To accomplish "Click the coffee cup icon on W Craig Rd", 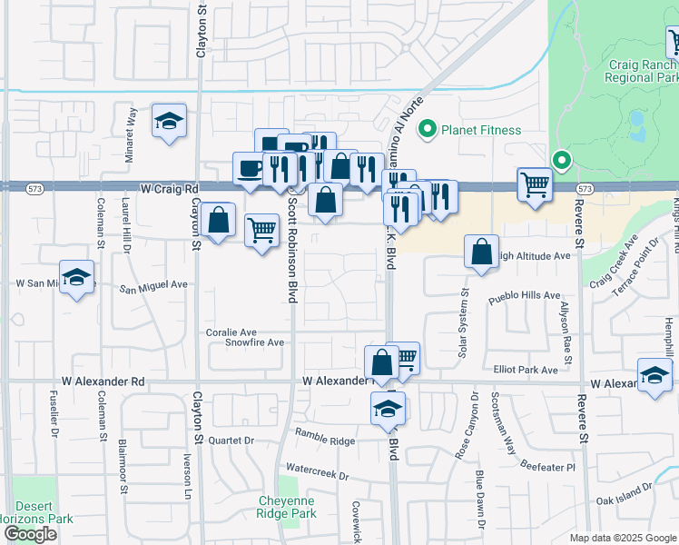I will coord(250,169).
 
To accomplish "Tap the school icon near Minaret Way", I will coord(169,122).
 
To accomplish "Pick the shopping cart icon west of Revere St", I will coord(535,184).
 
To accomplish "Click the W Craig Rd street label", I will coord(170,189).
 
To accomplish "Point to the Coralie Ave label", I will coord(231,332).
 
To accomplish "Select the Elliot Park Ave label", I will coord(526,370).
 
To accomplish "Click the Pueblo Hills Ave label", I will coord(524,297).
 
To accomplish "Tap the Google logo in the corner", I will coord(31,534).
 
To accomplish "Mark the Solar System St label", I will coord(462,322).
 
